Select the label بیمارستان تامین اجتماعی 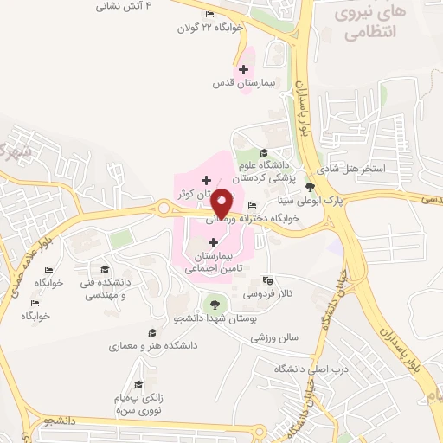tap(213, 263)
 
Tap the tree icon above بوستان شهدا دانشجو tap(213, 305)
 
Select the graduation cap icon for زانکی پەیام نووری tap(138, 384)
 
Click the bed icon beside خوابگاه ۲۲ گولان tap(210, 15)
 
